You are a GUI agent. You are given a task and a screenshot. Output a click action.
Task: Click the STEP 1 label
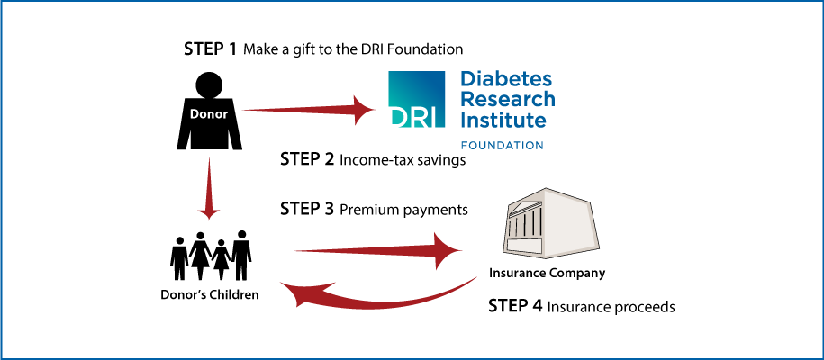210,49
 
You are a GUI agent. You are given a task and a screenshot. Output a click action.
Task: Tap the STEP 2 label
307,160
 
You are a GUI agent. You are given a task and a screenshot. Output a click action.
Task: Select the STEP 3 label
307,210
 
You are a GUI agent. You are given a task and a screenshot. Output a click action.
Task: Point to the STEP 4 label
515,306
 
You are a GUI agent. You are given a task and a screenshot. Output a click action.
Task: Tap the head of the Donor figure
209,84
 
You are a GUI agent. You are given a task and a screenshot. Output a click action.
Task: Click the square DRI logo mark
416,99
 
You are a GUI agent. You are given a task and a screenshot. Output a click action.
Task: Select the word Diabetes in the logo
506,80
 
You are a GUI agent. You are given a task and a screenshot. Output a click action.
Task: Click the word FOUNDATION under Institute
502,145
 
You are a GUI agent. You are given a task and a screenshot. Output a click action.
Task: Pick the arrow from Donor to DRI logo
310,110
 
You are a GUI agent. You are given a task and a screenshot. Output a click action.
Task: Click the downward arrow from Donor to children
209,187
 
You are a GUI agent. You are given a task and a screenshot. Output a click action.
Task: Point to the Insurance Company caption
547,274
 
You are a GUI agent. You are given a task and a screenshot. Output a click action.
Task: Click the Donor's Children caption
210,294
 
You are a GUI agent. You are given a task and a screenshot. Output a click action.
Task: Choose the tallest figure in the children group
241,255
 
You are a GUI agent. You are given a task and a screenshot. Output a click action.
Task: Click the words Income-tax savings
403,160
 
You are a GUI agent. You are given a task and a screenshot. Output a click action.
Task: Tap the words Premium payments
403,211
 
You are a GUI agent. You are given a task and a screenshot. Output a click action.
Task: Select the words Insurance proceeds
611,306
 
